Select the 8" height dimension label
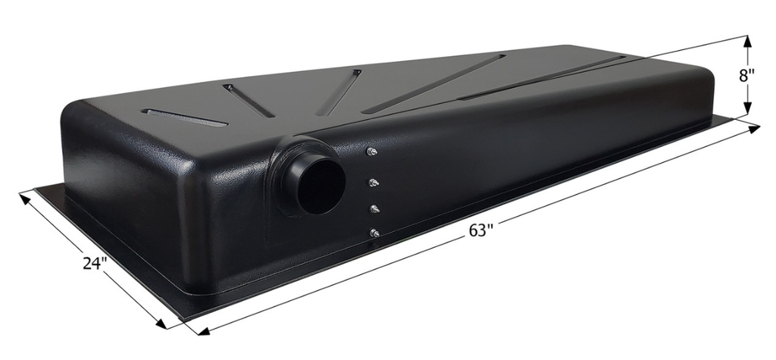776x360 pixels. (x=747, y=76)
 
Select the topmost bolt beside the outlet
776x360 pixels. (x=371, y=152)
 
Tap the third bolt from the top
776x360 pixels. (x=374, y=208)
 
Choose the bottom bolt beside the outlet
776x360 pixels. (x=374, y=233)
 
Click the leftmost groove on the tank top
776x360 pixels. (x=184, y=118)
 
